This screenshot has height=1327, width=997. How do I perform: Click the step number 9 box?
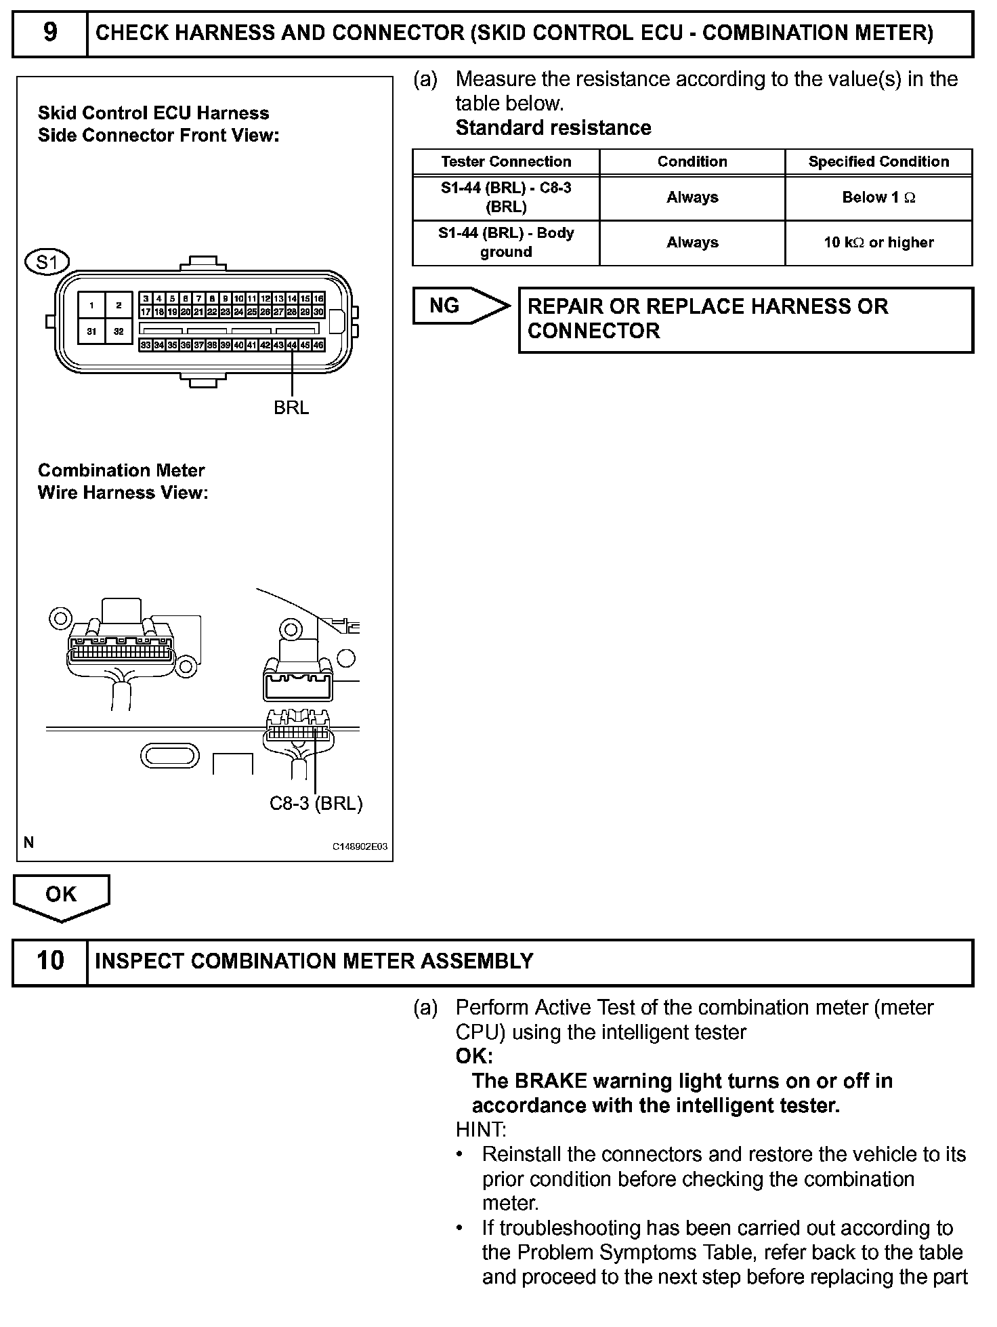point(50,33)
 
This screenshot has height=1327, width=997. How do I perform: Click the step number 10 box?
point(50,962)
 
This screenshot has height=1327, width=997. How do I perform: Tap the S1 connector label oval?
point(47,262)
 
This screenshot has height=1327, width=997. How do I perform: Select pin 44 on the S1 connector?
point(292,345)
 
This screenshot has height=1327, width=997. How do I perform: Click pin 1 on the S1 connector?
point(91,306)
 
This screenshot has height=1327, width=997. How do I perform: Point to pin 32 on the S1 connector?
point(119,331)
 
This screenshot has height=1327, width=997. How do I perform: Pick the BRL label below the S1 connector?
point(291,407)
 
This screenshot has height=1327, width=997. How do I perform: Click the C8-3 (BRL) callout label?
point(316,803)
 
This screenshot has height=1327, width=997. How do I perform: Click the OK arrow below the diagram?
point(61,896)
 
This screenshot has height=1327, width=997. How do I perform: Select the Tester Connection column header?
point(506,162)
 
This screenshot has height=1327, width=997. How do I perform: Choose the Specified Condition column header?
point(878,162)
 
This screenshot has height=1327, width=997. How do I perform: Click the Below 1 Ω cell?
point(878,198)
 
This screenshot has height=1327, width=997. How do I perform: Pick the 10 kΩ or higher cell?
point(878,243)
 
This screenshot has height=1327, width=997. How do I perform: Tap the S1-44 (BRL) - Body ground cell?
point(506,243)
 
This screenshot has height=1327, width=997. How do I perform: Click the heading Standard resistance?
point(553,128)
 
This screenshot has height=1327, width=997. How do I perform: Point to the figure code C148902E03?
point(360,846)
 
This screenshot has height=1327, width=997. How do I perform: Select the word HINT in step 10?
point(480,1130)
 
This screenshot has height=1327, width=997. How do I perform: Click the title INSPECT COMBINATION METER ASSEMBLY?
point(314,962)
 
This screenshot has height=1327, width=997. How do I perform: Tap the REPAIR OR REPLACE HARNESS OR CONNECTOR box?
point(745,319)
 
